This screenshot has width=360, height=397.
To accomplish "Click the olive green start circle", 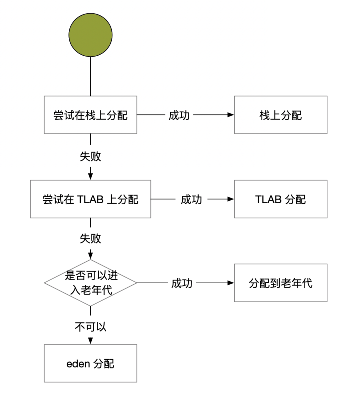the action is [x=90, y=35].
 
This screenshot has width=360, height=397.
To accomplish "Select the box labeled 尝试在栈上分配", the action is [x=90, y=115].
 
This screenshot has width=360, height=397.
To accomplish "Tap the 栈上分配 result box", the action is [x=281, y=115].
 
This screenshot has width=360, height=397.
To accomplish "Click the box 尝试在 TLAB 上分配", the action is [x=90, y=199].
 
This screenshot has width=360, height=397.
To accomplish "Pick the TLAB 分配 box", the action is [x=281, y=199].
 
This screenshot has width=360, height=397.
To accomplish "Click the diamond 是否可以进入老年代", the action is [x=90, y=283].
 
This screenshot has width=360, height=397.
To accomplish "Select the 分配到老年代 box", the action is [x=281, y=283].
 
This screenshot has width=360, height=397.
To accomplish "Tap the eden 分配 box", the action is [x=90, y=363].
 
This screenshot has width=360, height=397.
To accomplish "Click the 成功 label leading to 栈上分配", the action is [x=179, y=115].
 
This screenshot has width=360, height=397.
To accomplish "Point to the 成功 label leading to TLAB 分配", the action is [x=191, y=200].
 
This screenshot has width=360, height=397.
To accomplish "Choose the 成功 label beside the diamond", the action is [x=182, y=283].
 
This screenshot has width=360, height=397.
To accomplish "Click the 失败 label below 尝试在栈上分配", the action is [x=90, y=157].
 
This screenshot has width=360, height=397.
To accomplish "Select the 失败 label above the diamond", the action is [x=90, y=238].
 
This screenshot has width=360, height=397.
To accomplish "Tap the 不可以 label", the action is [x=90, y=327].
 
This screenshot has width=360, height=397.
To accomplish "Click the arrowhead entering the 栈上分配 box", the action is [x=230, y=115].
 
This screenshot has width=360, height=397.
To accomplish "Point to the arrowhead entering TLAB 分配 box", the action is [x=230, y=199].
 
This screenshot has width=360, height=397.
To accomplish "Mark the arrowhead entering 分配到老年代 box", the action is [x=230, y=283].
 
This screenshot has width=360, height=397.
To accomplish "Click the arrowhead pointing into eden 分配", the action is [x=90, y=341].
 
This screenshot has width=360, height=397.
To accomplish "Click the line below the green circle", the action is [x=90, y=76].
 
